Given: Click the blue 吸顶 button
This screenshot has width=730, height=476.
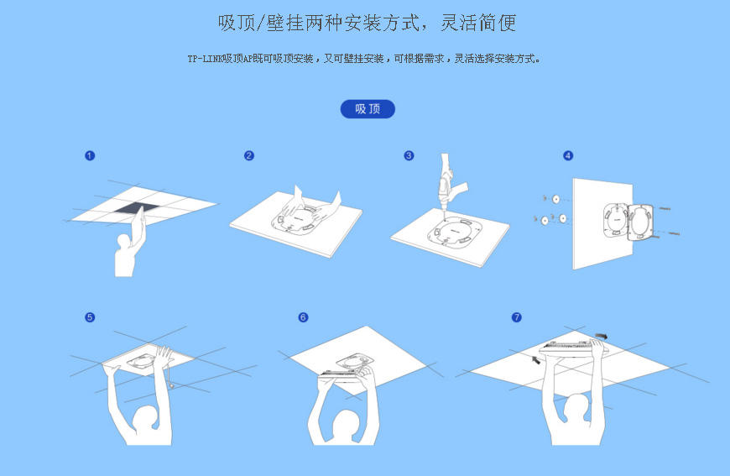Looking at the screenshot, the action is click(x=368, y=109).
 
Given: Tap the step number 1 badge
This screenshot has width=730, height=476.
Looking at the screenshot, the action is click(x=90, y=155).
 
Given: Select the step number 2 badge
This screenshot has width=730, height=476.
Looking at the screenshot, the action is click(x=249, y=155).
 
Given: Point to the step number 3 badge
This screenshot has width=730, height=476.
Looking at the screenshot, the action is click(x=409, y=155).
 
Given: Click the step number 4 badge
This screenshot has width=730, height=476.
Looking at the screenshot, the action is click(x=568, y=155).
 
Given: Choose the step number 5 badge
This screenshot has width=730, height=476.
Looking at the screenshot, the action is click(x=90, y=317).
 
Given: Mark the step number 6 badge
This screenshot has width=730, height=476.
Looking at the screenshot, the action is click(x=303, y=317).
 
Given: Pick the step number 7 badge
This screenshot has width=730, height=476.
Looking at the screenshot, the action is click(x=516, y=317).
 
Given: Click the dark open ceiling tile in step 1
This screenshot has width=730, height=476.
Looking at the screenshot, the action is click(x=133, y=209).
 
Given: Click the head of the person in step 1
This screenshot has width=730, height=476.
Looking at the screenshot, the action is click(x=124, y=241).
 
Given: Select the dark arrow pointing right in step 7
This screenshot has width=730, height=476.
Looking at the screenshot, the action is click(x=602, y=337).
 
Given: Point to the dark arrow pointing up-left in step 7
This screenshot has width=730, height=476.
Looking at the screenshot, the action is click(x=536, y=359).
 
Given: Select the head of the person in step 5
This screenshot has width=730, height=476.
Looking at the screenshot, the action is click(x=146, y=417).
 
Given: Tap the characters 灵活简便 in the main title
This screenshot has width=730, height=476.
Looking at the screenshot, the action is click(x=478, y=23).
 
